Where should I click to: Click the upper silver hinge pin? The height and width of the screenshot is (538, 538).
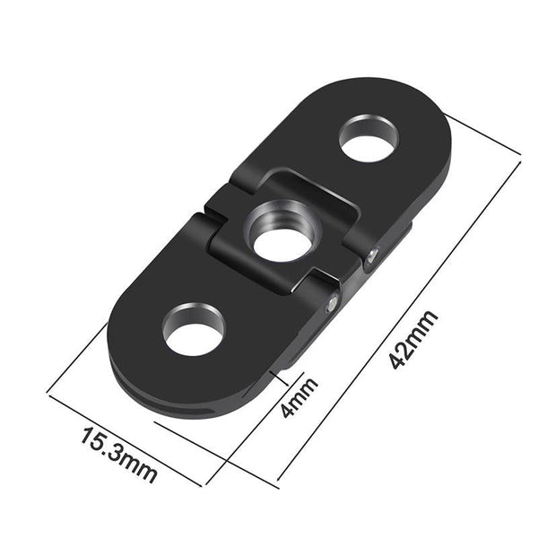click(x=370, y=260)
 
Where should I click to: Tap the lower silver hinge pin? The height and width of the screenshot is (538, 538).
click(x=334, y=305)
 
